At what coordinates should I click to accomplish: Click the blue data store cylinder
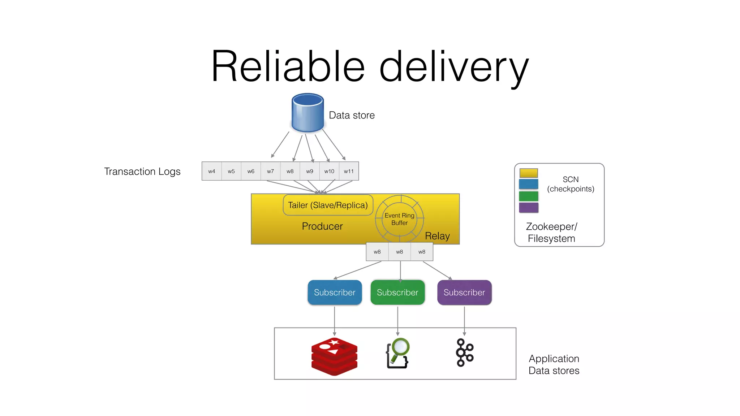coord(307,113)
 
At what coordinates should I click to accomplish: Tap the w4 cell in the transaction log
coord(212,171)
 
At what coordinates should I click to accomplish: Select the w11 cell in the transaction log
coord(349,171)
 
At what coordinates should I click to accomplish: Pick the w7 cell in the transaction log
coord(270,171)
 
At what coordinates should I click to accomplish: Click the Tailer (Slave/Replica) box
coord(328,205)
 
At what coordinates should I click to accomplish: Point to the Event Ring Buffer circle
coord(399,219)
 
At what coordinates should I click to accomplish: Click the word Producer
coord(322,226)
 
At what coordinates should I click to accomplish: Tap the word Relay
coord(437,236)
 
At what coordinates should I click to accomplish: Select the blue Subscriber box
coord(335,292)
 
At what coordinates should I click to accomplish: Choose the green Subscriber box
coord(397,292)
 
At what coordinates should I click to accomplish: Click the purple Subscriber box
coord(464,292)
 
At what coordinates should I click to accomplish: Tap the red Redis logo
coord(334,356)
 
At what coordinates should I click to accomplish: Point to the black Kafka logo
coord(465,352)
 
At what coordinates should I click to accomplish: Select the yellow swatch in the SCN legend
coord(529,173)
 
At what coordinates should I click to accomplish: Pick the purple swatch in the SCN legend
coord(529,208)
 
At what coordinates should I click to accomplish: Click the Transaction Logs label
coord(142,172)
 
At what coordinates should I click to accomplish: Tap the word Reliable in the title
coord(288,67)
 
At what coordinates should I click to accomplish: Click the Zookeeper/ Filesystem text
coord(551,232)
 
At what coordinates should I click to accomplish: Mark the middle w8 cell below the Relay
coord(399,252)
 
